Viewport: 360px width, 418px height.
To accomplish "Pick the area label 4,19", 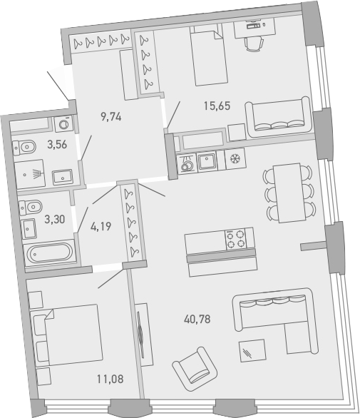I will (x=98, y=230).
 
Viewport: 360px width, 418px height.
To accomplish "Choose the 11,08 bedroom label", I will (x=108, y=379).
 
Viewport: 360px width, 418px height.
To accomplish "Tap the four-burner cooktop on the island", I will (x=236, y=239).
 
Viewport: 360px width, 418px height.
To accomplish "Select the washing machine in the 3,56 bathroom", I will (x=63, y=124).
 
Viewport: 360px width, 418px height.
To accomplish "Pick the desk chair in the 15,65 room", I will (x=253, y=43).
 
